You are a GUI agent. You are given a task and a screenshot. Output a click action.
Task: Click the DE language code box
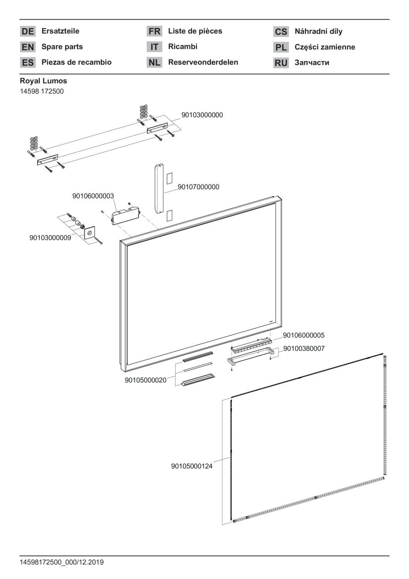point(28,31)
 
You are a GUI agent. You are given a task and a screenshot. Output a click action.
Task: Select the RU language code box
point(281,63)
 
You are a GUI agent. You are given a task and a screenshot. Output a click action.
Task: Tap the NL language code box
point(154,62)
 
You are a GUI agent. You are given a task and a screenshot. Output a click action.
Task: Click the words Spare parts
point(62,47)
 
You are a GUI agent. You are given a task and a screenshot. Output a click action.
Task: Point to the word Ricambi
point(183,47)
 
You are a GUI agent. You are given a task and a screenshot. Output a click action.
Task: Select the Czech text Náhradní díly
point(319,32)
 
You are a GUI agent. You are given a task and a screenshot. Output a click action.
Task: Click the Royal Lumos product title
point(43,81)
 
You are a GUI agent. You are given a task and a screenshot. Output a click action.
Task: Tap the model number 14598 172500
point(42,91)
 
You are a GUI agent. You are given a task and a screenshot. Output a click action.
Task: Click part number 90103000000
point(202,115)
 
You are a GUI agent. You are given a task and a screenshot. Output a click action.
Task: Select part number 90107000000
point(198,187)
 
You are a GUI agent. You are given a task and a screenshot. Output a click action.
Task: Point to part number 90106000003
point(93,196)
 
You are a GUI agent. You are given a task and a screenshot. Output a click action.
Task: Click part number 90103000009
point(50,238)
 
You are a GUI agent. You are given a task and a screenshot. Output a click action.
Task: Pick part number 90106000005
point(304,335)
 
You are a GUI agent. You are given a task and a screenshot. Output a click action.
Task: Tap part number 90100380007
point(304,349)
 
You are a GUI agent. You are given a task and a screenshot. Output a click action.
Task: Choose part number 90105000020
point(145,380)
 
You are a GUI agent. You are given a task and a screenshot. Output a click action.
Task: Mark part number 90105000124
point(192,466)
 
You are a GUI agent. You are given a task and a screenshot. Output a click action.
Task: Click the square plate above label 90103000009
point(90,233)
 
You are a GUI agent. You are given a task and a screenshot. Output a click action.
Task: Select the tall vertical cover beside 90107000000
point(159,188)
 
